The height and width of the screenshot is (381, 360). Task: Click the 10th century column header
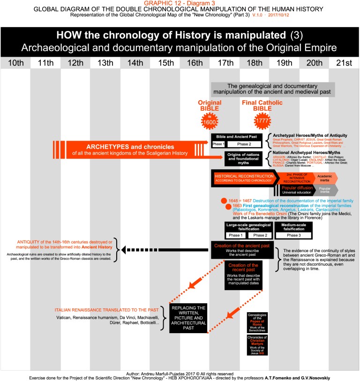click(x=15, y=63)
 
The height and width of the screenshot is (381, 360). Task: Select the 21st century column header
click(x=344, y=63)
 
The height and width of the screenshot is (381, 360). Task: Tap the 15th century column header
click(x=165, y=63)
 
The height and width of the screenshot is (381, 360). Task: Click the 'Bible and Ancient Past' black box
click(x=239, y=140)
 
